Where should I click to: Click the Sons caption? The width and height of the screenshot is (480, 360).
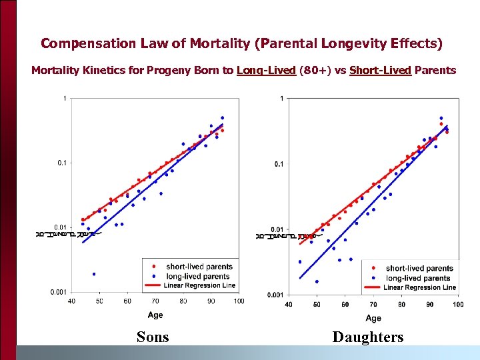[x=153, y=337]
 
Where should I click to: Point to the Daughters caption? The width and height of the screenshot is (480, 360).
[x=368, y=337]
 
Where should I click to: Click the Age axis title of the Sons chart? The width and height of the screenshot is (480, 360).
[x=155, y=315]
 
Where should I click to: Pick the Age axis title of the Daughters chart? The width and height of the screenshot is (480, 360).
[x=373, y=318]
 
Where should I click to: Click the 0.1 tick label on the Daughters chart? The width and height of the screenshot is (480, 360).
[x=279, y=164]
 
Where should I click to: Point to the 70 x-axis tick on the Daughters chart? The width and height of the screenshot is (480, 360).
[x=373, y=304]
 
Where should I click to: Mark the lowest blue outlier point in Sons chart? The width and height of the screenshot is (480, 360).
[x=94, y=273]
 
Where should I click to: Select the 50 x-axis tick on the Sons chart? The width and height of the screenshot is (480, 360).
[x=99, y=301]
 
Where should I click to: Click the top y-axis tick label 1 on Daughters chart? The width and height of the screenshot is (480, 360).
[x=282, y=99]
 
